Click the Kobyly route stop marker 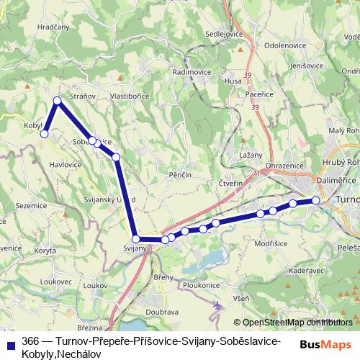coord(44,133)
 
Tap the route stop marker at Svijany coord(135,238)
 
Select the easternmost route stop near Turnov coord(315,200)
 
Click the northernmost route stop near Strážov coord(57,101)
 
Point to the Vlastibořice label coord(129,94)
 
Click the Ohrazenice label coord(283,166)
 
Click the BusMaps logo coord(326,344)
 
